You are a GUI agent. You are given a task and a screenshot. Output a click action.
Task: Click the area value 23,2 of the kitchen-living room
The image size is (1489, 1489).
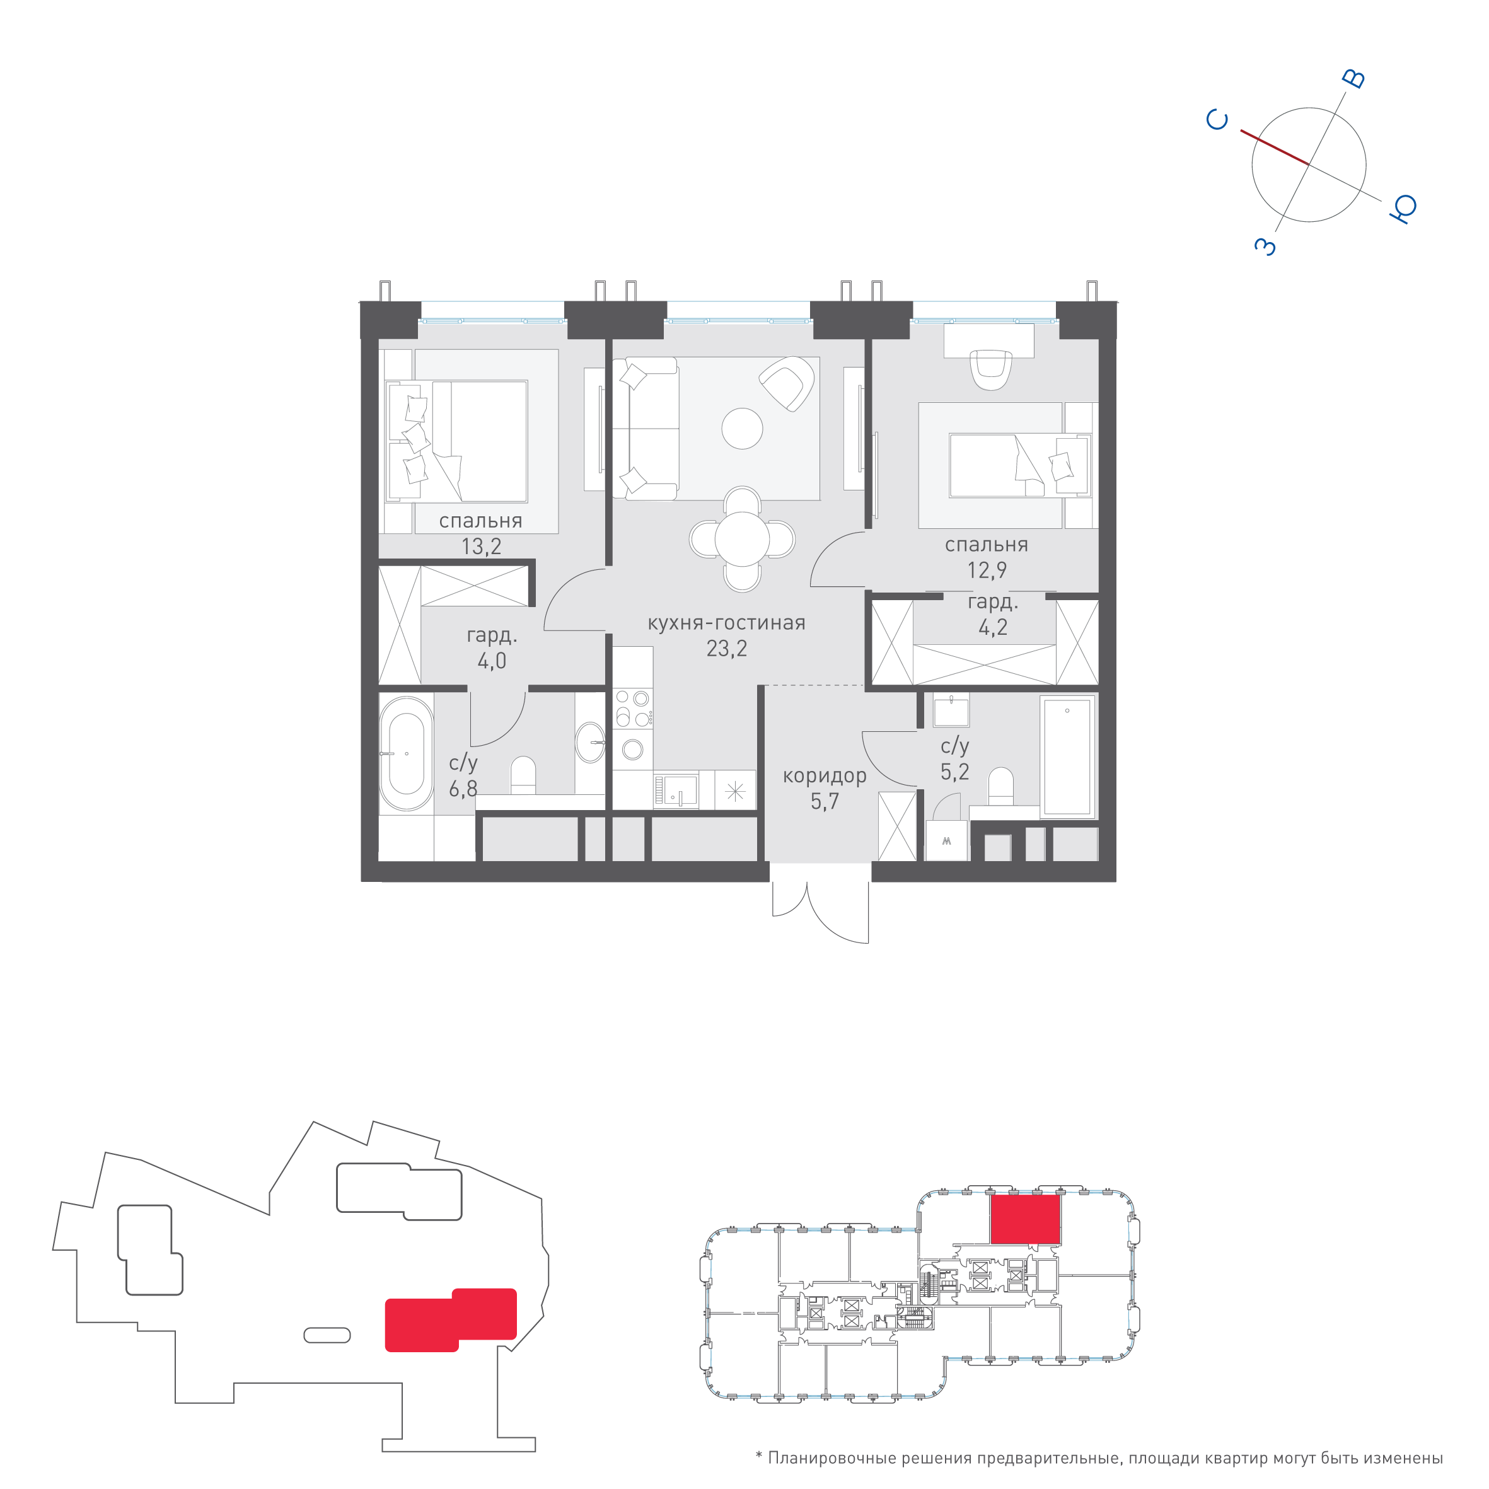(x=727, y=649)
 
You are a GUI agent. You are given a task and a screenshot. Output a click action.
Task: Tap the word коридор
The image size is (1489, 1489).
(x=825, y=777)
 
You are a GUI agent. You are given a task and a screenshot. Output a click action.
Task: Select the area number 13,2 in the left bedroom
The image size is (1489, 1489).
(x=481, y=547)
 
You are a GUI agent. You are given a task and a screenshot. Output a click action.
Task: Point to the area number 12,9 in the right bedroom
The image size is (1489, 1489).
(x=987, y=571)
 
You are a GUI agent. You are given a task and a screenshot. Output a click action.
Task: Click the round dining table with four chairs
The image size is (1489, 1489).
(x=742, y=539)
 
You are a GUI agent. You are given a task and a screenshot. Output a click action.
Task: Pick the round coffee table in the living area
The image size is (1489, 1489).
(x=742, y=429)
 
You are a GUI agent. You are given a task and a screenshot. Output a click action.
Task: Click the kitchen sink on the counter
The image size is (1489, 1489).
(x=676, y=790)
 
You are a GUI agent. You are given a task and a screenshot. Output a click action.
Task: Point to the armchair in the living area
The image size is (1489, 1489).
(x=787, y=383)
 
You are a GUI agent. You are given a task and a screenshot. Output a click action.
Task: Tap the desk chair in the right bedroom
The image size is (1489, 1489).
(x=990, y=369)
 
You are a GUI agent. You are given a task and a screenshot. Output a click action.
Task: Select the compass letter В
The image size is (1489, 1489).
(x=1353, y=79)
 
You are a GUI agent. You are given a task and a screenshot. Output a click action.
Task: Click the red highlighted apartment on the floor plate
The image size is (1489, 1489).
(x=1025, y=1219)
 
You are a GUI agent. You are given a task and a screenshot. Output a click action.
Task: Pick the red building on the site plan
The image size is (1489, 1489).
(x=451, y=1319)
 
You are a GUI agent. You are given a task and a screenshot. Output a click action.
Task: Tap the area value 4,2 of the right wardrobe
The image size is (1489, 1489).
(x=993, y=627)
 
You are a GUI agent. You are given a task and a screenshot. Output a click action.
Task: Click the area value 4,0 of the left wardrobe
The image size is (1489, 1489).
(x=492, y=661)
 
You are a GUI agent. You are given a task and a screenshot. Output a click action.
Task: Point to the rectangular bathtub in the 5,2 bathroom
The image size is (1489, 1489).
(x=1067, y=756)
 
